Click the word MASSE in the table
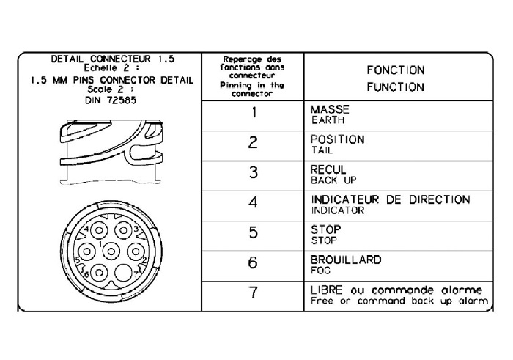[x=330, y=109]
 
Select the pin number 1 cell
[x=253, y=113]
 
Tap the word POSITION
[x=338, y=139]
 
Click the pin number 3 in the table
[x=253, y=173]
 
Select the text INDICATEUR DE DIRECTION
[x=391, y=199]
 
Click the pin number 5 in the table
[x=253, y=233]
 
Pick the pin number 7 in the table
[x=253, y=293]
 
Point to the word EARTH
[x=328, y=120]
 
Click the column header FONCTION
[x=396, y=70]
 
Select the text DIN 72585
[x=110, y=99]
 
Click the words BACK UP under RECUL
[x=329, y=180]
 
